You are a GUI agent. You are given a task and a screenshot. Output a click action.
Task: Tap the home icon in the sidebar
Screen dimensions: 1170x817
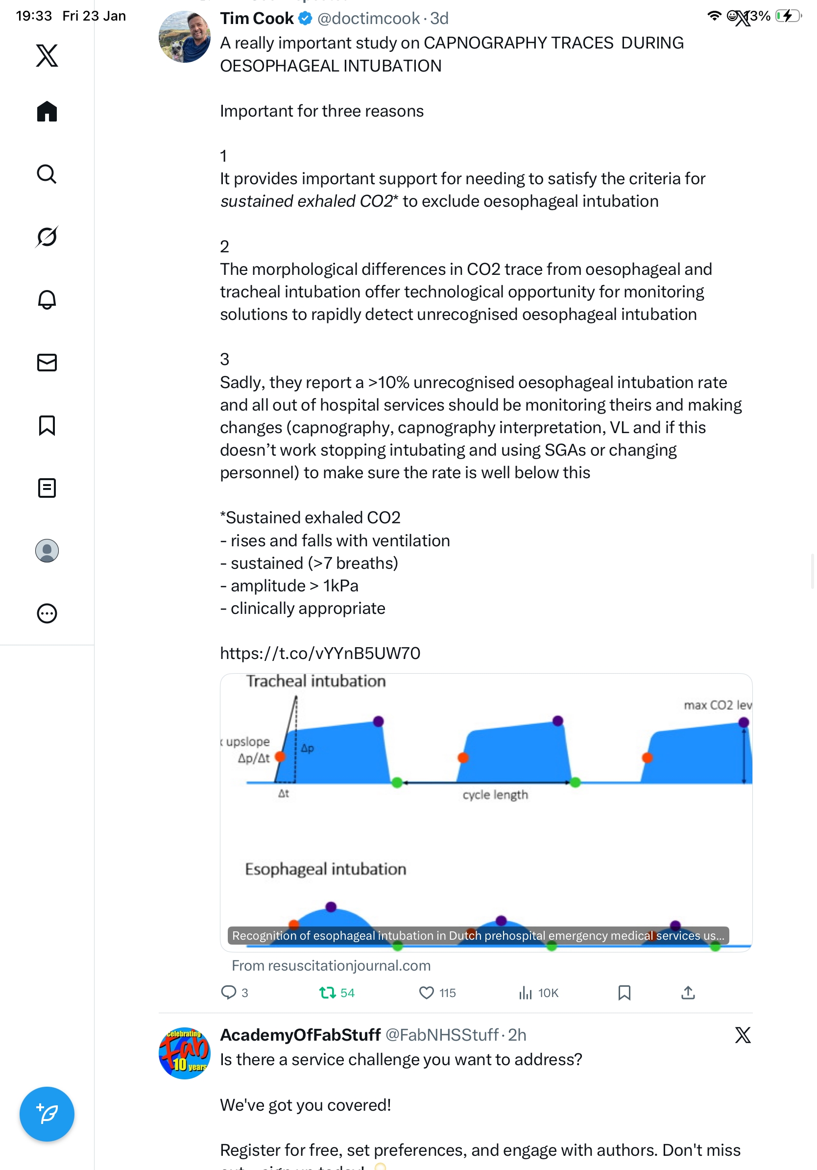47,111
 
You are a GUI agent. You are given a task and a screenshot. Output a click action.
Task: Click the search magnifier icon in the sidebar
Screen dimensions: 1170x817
47,174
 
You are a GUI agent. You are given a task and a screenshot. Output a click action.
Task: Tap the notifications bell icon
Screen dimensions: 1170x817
47,300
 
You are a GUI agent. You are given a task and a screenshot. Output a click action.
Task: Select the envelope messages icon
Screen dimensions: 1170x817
47,362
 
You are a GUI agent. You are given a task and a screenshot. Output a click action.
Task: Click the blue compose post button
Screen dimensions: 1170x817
47,1114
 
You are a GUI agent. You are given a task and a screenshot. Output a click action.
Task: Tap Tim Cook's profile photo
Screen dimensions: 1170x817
184,37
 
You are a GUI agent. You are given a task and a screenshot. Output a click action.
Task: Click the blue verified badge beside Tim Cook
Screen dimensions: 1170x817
305,18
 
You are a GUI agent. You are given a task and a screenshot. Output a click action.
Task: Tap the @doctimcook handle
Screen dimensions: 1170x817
368,18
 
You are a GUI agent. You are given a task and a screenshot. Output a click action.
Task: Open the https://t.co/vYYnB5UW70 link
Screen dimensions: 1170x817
320,653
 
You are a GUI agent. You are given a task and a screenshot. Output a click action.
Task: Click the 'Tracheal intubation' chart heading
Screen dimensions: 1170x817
316,681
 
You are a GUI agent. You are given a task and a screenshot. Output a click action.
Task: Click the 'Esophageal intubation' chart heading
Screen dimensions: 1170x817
325,869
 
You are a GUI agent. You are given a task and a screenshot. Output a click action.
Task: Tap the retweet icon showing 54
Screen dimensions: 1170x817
327,993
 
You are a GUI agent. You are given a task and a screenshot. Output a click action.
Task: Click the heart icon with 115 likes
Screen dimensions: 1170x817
426,993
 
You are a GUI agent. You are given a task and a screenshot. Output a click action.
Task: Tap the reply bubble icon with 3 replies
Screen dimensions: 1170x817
228,993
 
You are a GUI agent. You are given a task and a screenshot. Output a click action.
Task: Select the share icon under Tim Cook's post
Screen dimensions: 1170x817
688,993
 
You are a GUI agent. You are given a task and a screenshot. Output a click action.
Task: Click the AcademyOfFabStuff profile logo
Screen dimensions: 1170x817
184,1053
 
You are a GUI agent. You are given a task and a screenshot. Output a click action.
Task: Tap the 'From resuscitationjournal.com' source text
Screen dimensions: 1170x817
331,966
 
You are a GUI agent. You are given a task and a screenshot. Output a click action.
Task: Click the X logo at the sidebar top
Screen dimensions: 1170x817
47,55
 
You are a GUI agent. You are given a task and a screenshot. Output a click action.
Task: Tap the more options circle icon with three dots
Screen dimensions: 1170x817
47,613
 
